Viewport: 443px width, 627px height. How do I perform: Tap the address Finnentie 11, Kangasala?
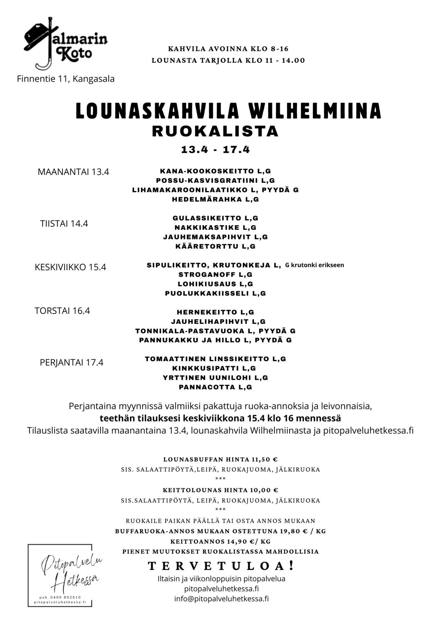click(66, 79)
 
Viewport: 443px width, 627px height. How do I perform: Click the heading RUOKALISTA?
click(215, 131)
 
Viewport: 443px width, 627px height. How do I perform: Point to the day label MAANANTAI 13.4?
click(73, 172)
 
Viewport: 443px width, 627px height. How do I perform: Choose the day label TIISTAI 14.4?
click(64, 224)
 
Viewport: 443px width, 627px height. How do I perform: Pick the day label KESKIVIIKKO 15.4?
click(70, 267)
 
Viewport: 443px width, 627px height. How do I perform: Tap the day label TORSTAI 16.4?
click(62, 311)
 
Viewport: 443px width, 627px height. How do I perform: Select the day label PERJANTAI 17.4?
click(71, 362)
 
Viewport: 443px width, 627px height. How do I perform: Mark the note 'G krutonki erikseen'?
click(314, 265)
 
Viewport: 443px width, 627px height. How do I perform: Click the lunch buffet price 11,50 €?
click(264, 459)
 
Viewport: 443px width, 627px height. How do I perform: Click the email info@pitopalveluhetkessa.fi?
click(221, 599)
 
